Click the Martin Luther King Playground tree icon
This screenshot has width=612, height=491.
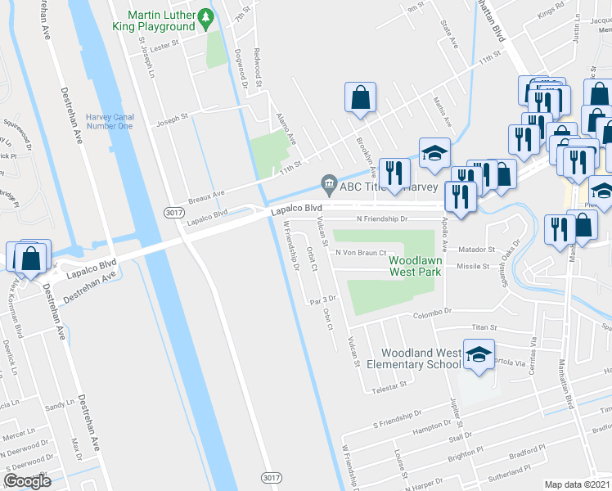(207, 16)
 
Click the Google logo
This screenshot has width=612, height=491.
(27, 481)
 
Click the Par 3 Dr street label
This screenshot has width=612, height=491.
(324, 300)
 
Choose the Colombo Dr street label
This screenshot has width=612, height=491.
(435, 312)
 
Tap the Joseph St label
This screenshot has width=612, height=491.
(173, 116)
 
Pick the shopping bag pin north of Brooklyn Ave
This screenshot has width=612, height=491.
(360, 99)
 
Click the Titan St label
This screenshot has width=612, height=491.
(483, 327)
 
